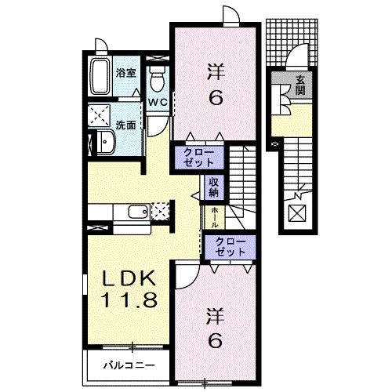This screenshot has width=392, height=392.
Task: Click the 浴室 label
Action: coord(125,73)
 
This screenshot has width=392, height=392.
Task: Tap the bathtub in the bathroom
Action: coord(100,76)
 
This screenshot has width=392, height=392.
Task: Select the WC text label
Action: coord(156,103)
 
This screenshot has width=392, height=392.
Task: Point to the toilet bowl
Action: coord(156,78)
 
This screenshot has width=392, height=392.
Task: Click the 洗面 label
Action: coord(126,125)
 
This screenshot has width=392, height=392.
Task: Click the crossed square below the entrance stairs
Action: coord(299,212)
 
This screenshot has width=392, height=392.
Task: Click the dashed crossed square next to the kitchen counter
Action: coord(162,211)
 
